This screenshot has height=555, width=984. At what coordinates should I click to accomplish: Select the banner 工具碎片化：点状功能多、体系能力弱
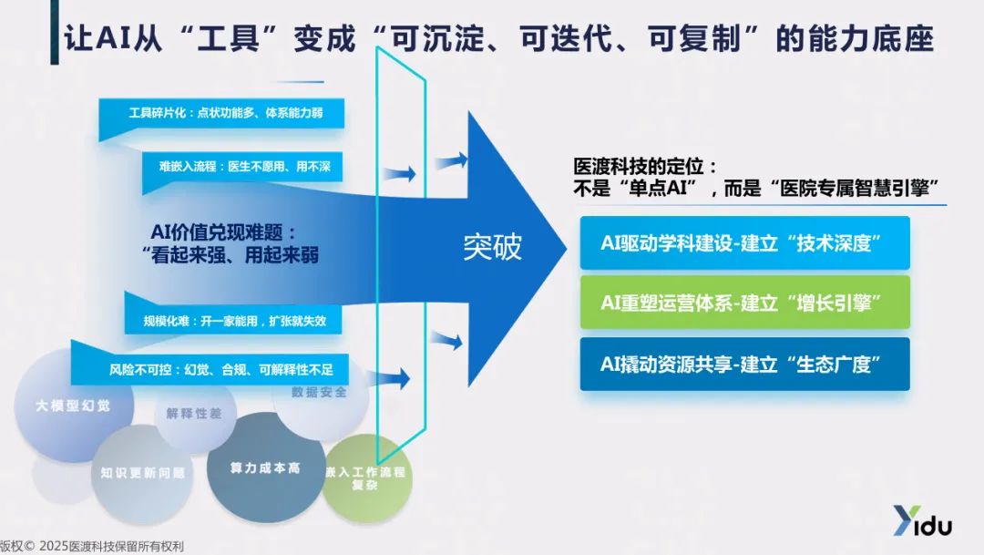click(x=225, y=113)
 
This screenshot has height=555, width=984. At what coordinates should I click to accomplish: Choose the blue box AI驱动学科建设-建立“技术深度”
click(x=743, y=242)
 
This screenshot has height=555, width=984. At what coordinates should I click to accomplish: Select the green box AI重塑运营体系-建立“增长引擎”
click(x=743, y=303)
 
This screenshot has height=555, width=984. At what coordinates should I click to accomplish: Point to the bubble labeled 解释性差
click(x=193, y=414)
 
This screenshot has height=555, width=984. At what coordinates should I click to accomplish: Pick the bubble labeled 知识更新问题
click(x=143, y=473)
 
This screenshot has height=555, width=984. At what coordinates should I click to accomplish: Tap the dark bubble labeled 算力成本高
click(x=265, y=468)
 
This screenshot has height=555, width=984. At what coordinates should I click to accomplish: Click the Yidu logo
click(x=921, y=522)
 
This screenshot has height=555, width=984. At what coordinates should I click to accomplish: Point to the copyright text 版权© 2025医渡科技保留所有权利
click(x=92, y=547)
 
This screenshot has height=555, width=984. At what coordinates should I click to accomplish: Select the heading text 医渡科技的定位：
click(x=645, y=168)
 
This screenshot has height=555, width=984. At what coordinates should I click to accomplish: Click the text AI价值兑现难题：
click(x=223, y=231)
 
